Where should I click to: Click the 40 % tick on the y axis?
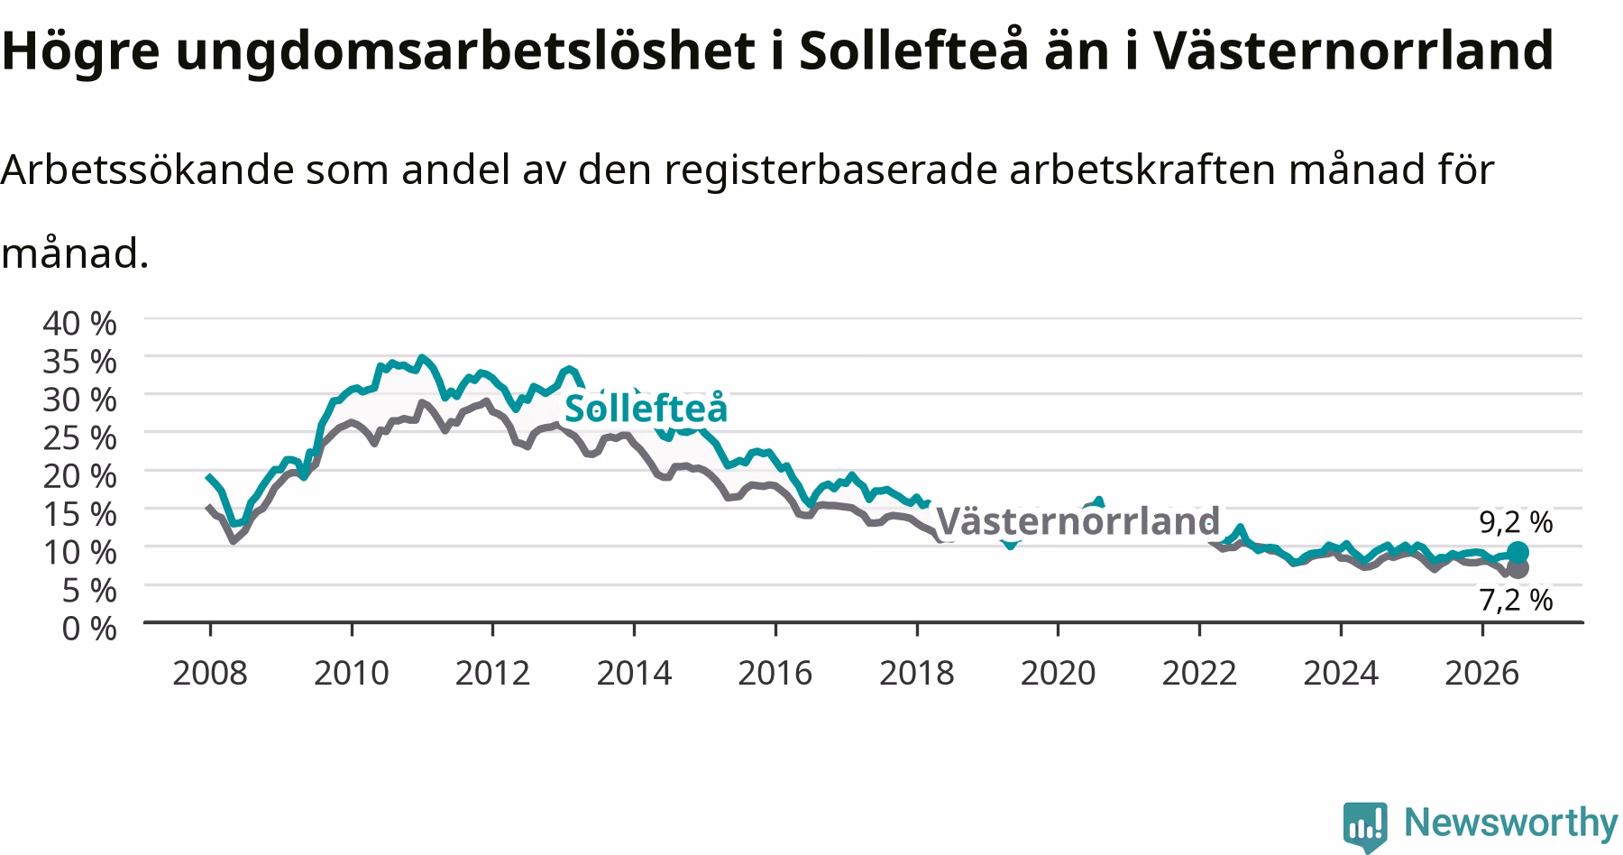[x=79, y=322]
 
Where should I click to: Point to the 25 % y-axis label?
[x=79, y=437]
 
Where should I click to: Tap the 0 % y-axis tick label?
[x=89, y=628]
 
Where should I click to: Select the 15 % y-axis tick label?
[x=79, y=513]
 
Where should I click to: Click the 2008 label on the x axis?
[x=209, y=673]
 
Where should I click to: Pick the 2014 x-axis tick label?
[x=634, y=673]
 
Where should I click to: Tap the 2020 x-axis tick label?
[x=1058, y=673]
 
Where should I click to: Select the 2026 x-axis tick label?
[x=1482, y=673]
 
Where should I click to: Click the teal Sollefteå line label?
[x=646, y=408]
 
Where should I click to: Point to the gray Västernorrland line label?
[x=1078, y=521]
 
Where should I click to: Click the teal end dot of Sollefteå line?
[x=1518, y=552]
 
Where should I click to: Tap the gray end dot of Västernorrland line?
[x=1518, y=568]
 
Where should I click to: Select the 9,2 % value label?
[x=1516, y=521]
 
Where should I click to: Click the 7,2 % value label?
[x=1516, y=600]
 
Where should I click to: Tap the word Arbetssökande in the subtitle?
[x=148, y=170]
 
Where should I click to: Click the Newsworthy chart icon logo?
[x=1365, y=825]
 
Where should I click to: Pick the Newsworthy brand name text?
[x=1511, y=823]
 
